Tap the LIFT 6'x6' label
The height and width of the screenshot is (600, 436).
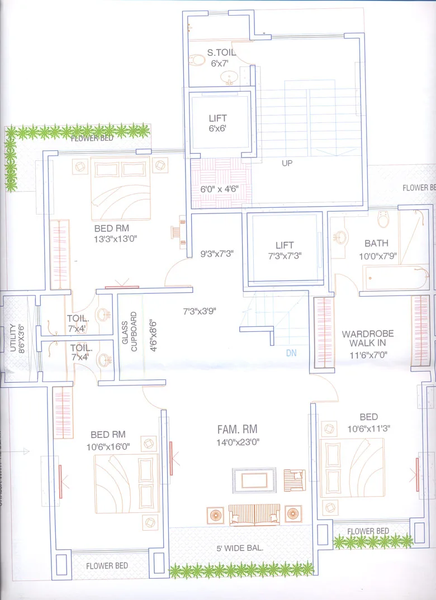pos(217,123)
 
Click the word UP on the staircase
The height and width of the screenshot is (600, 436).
pos(287,163)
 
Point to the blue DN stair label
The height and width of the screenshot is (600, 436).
pos(291,353)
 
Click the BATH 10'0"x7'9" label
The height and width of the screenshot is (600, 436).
pos(376,249)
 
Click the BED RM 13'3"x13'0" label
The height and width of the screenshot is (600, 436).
pos(116,233)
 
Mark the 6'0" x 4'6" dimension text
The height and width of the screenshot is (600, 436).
pos(220,189)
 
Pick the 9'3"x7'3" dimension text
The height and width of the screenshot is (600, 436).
pos(217,253)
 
